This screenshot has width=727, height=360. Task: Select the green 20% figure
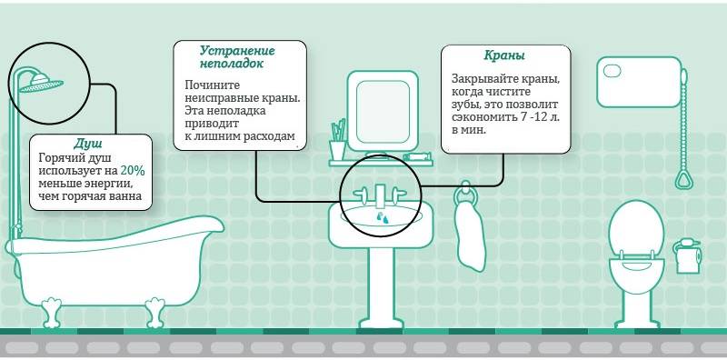point(132,170)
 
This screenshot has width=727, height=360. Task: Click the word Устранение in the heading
point(239,50)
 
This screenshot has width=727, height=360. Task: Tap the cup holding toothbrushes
point(337,148)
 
